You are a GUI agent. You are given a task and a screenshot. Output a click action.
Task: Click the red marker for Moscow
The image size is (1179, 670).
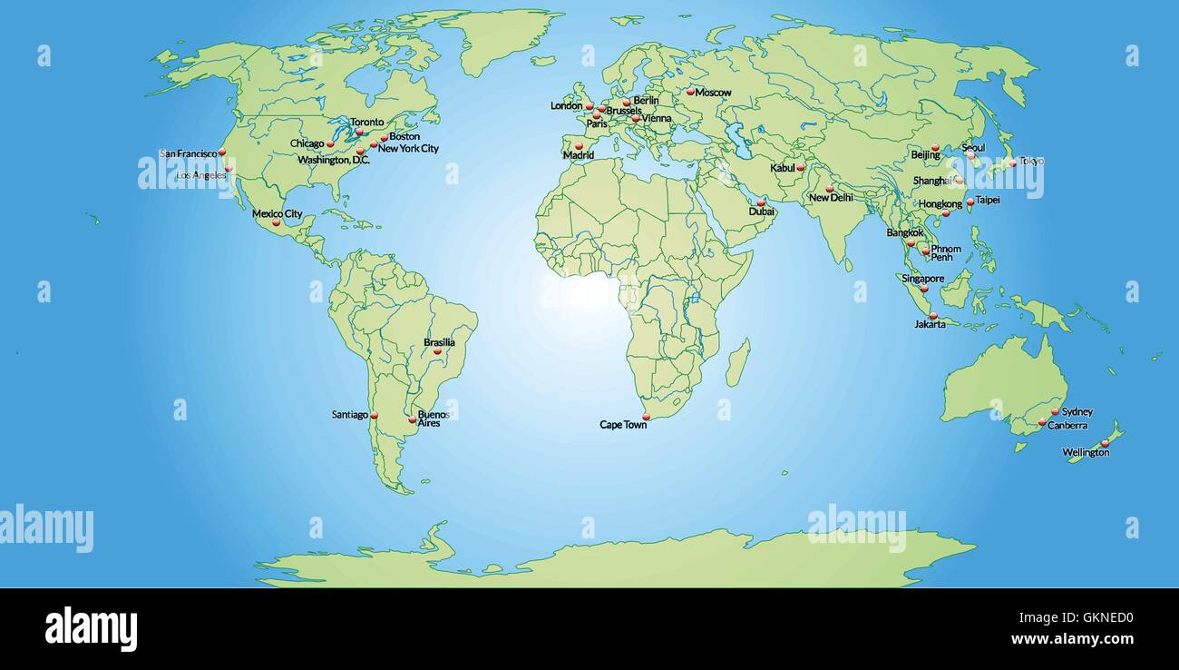tap(690, 91)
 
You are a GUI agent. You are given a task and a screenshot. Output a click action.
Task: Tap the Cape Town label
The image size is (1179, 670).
tap(623, 424)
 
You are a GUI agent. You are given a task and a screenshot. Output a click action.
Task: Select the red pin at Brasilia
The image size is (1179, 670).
tap(437, 350)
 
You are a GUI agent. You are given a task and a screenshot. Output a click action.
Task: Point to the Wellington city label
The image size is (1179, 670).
tap(1086, 452)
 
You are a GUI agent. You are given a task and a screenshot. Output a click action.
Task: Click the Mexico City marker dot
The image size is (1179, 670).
tap(277, 222)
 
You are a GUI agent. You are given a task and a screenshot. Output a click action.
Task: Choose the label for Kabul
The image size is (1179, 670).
tap(782, 168)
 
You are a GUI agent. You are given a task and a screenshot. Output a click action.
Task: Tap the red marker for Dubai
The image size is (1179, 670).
tap(761, 202)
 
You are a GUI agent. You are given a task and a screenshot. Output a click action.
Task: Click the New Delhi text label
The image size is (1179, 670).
tap(831, 197)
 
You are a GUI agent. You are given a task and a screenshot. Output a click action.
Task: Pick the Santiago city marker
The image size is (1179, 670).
tap(374, 416)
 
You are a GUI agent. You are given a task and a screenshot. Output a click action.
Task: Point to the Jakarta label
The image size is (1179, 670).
tap(930, 324)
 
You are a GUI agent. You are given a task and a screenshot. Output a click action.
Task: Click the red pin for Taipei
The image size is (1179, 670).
tap(970, 202)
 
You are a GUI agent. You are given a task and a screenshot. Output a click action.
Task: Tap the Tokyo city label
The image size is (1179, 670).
tap(1031, 162)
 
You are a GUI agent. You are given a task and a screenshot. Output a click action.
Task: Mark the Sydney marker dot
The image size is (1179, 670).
tap(1055, 412)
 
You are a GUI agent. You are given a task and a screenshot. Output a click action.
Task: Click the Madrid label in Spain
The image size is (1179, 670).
tap(579, 155)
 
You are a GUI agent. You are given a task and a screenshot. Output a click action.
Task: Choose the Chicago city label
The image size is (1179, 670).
tap(307, 143)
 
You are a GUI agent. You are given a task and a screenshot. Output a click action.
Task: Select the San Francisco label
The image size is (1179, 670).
tap(188, 153)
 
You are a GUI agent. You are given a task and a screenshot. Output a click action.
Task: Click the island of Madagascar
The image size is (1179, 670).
tap(737, 362)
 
